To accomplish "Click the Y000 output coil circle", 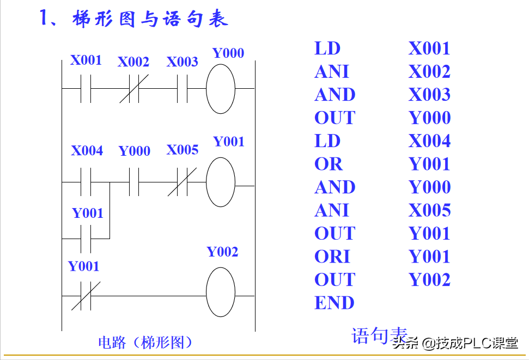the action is tap(221, 88).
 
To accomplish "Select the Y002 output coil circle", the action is tap(221, 292).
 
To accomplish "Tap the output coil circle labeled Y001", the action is tap(221, 182).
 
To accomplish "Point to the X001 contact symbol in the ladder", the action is tap(86, 89).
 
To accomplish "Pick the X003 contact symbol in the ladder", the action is tap(182, 89).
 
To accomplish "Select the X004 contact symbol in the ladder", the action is tap(86, 182).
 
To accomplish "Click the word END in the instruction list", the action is tap(334, 303).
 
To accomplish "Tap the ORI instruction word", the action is tap(332, 257).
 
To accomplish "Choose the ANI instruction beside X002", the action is tap(331, 71).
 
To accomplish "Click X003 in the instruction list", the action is tap(429, 95).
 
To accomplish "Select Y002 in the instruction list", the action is tap(429, 280).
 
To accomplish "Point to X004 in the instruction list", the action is tap(429, 141).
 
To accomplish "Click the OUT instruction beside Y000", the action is tap(335, 118).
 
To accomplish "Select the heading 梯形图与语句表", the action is tap(149, 19).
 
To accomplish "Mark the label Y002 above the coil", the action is tap(222, 252).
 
